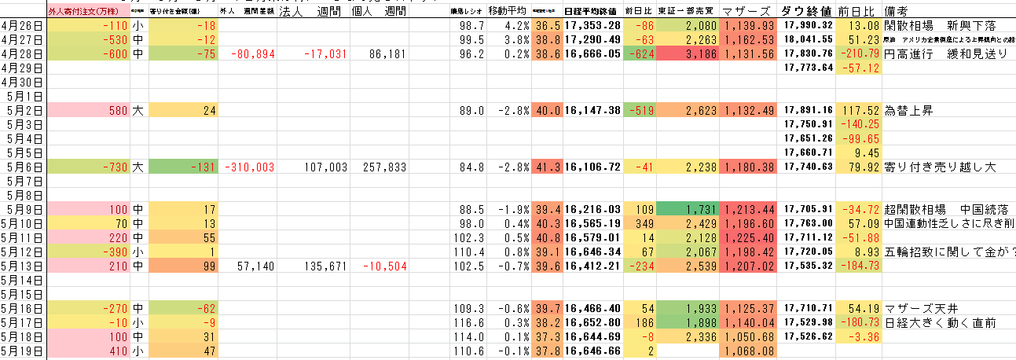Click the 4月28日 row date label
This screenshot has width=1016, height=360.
[x=23, y=53]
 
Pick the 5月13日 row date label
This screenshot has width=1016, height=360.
[x=23, y=266]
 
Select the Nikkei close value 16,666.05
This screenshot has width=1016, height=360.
[x=592, y=53]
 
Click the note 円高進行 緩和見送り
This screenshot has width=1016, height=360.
[x=945, y=53]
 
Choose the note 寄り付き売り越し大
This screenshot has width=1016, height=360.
[x=938, y=167]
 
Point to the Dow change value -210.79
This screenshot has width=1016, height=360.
[x=861, y=53]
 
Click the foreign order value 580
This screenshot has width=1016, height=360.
[x=113, y=110]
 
